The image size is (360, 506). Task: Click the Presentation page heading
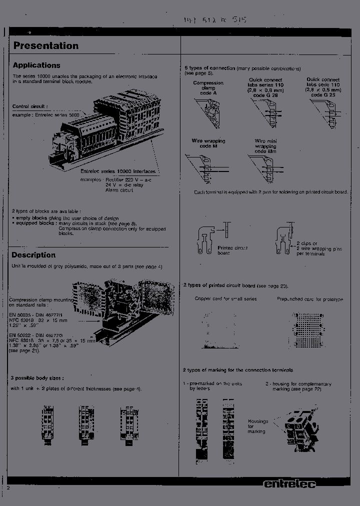(45, 46)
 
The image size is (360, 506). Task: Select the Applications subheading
(36, 65)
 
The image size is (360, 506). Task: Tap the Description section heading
(34, 255)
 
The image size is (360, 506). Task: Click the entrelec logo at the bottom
(289, 484)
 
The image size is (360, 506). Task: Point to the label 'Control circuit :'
(30, 106)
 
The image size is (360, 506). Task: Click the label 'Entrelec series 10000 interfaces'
(118, 171)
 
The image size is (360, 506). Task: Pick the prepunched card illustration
(310, 330)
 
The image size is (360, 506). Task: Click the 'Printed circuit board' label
(232, 250)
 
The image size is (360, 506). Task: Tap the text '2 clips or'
(306, 243)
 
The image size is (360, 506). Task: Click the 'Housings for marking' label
(258, 426)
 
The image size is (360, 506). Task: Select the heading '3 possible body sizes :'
(37, 378)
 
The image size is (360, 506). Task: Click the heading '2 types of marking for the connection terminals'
(245, 370)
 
